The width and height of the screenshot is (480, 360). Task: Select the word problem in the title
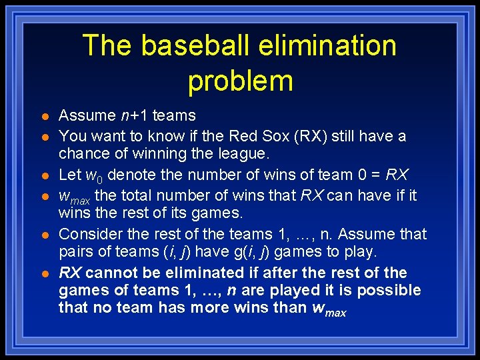coord(240,81)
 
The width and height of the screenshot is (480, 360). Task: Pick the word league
coord(245,153)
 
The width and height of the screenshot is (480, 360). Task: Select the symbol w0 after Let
coord(94,176)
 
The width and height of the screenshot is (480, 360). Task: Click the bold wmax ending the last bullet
coord(329,309)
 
